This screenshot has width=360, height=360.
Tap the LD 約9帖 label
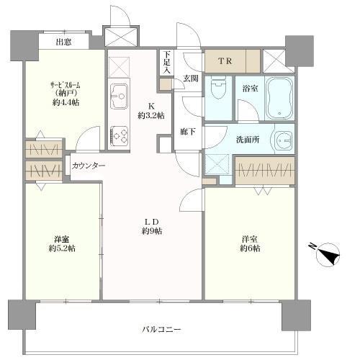tap(151, 226)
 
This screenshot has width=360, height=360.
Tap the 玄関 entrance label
tap(191, 78)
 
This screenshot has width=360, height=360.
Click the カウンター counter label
tap(89, 166)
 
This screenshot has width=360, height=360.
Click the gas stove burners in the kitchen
tap(119, 135)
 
